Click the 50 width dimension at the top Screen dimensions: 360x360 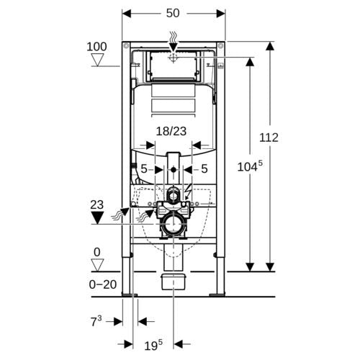click(x=173, y=13)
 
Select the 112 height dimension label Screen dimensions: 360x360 click(x=269, y=138)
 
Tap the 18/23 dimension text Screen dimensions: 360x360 click(x=171, y=131)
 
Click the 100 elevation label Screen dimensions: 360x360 click(x=96, y=47)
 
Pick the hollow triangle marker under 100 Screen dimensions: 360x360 click(x=98, y=60)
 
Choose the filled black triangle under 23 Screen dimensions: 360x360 click(x=97, y=217)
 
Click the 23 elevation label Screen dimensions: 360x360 click(x=97, y=205)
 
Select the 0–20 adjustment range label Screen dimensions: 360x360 click(x=103, y=284)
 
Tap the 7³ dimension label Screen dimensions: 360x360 click(x=96, y=321)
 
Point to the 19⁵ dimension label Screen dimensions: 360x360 click(x=153, y=345)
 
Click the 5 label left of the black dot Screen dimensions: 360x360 click(x=143, y=169)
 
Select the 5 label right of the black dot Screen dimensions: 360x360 click(x=204, y=169)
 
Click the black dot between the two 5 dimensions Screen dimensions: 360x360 click(x=174, y=170)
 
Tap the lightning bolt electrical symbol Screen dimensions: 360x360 click(x=188, y=191)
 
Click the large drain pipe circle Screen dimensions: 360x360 click(x=173, y=224)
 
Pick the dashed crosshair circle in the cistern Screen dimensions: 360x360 click(x=173, y=58)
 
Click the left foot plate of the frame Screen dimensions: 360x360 click(x=130, y=294)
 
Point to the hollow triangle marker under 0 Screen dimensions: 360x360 click(x=97, y=265)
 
